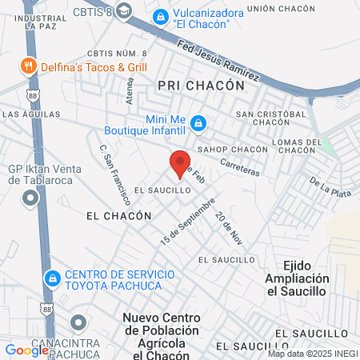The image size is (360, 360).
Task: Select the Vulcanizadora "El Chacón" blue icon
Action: click(x=161, y=15)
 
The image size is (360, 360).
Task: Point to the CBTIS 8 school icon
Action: click(x=124, y=10)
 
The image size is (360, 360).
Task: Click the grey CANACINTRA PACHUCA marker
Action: click(x=78, y=324)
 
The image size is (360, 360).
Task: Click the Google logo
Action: click(x=26, y=350)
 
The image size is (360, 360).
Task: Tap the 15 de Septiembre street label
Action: click(x=188, y=226)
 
